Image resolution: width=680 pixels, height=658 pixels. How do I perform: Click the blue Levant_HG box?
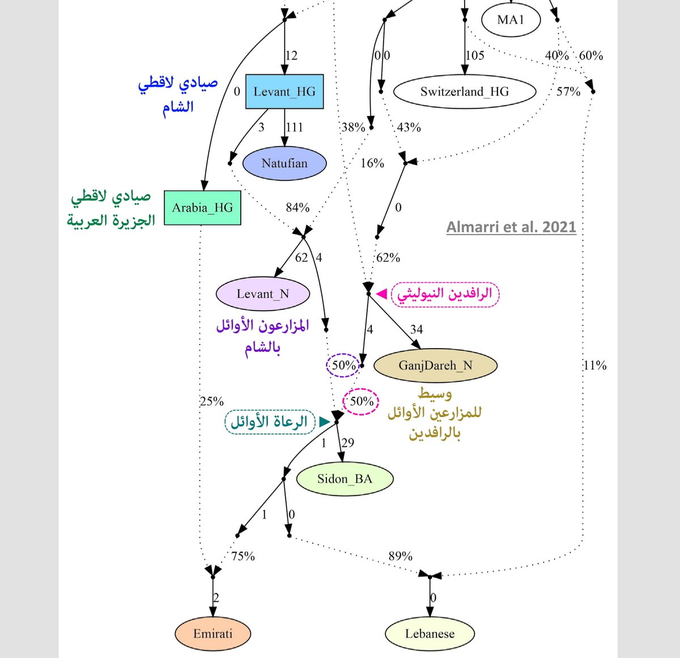pyautogui.click(x=284, y=91)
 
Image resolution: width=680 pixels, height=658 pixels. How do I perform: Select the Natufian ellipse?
pyautogui.click(x=284, y=163)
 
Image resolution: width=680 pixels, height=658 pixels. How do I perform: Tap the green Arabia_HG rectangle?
pyautogui.click(x=202, y=207)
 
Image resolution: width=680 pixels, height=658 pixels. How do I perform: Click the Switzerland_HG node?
pyautogui.click(x=464, y=91)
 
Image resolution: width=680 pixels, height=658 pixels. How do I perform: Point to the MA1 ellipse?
pyautogui.click(x=511, y=20)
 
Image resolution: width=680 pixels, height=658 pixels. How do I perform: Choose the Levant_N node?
pyautogui.click(x=263, y=294)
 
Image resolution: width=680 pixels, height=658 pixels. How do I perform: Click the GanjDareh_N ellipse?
pyautogui.click(x=435, y=366)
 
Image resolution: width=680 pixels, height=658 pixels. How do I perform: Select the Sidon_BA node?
pyautogui.click(x=345, y=479)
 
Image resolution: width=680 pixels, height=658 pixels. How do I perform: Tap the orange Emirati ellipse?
pyautogui.click(x=212, y=634)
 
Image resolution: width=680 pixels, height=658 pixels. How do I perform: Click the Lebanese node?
pyautogui.click(x=430, y=634)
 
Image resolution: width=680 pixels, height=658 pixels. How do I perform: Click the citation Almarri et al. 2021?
pyautogui.click(x=511, y=227)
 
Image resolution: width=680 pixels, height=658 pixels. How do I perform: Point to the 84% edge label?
pyautogui.click(x=297, y=207)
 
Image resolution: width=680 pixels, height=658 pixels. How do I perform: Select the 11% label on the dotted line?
pyautogui.click(x=594, y=366)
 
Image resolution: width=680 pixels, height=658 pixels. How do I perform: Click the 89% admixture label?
pyautogui.click(x=400, y=557)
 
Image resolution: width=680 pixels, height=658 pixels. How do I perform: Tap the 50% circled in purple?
pyautogui.click(x=343, y=366)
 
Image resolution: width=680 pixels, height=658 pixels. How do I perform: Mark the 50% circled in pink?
pyautogui.click(x=362, y=401)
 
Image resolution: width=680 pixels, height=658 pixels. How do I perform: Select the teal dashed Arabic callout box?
pyautogui.click(x=270, y=422)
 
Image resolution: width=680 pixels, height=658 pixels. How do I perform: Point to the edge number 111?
pyautogui.click(x=294, y=127)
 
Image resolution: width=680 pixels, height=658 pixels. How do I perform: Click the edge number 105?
pyautogui.click(x=475, y=56)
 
